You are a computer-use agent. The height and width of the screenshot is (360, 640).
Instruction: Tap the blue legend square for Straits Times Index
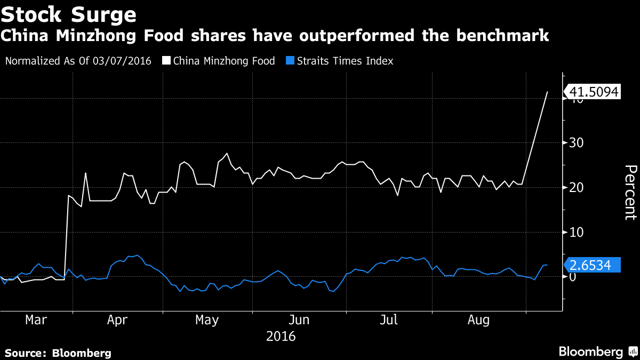point(285,61)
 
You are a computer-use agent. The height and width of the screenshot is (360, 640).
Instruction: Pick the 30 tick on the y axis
point(574,143)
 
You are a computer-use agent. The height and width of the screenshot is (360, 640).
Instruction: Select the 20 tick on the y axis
point(574,188)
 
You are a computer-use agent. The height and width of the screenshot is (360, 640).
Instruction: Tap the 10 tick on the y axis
point(574,232)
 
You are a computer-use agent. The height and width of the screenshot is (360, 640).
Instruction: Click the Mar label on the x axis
point(36,320)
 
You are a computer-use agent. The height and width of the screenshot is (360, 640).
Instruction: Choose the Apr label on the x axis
point(117,320)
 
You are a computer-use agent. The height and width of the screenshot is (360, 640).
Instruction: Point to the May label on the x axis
point(207,320)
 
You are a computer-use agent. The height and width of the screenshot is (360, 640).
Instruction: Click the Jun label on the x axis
point(299,320)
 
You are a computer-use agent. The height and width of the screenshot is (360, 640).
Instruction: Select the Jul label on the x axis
point(389,320)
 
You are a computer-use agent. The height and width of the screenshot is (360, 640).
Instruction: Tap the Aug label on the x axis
point(479,320)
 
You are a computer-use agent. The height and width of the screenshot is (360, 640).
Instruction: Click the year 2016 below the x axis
point(281,337)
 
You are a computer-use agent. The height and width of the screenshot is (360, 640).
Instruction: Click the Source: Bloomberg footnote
point(58,353)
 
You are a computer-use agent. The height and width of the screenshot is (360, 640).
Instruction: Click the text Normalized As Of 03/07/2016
point(78,61)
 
